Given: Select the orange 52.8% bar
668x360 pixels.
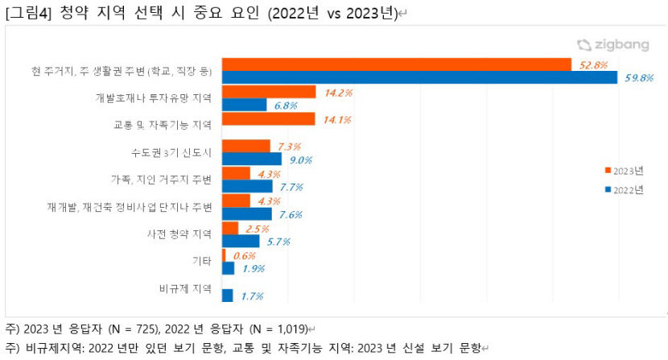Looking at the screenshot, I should (397, 64).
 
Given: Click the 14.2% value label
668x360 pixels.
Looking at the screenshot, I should (338, 93).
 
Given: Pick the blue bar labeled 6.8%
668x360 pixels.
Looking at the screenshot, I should (245, 105).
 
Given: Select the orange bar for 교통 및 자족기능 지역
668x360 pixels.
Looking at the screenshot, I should (268, 119).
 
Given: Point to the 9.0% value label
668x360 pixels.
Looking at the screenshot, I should (300, 159).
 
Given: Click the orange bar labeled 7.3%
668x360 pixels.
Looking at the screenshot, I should (246, 146).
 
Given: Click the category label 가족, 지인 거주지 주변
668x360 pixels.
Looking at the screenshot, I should (161, 179).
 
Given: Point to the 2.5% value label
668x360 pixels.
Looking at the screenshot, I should (256, 229).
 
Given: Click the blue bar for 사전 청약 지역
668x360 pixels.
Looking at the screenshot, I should (241, 241).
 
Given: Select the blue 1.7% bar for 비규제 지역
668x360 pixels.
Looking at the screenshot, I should (228, 296).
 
